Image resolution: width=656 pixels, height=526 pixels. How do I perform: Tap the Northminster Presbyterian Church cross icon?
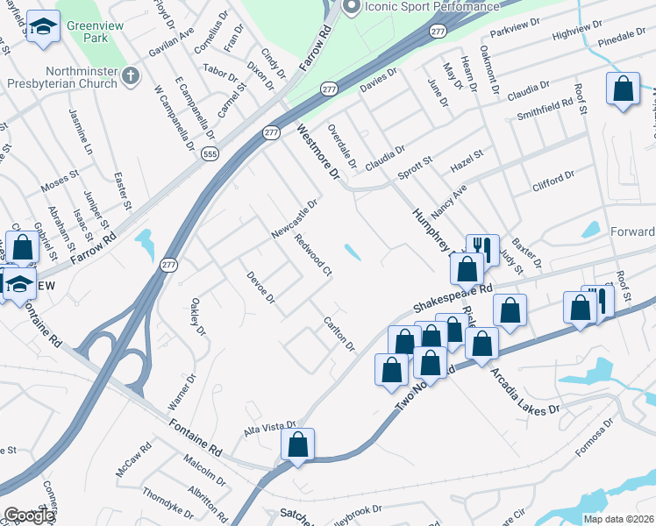(131, 77)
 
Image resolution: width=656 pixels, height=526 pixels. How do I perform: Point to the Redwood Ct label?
(312, 256)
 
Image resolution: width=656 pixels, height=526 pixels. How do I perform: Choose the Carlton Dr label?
(338, 333)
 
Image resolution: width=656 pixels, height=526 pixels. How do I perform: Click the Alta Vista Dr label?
(270, 427)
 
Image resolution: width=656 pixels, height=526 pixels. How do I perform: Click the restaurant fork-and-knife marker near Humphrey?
(482, 249)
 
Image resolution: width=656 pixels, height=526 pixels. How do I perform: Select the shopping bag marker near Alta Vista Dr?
(297, 444)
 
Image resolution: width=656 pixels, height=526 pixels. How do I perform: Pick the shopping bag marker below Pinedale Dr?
(622, 89)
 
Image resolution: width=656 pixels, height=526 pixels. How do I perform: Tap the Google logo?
(29, 515)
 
